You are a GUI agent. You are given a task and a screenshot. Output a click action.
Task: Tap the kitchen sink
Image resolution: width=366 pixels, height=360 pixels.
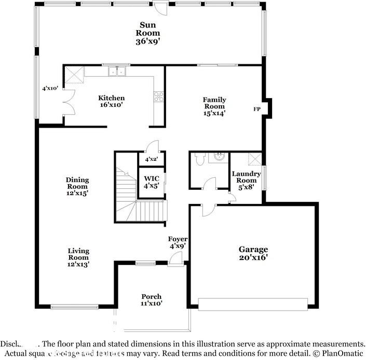click(x=116, y=72)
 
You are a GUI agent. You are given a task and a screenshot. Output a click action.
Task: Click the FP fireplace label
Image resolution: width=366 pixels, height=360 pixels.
click(x=256, y=109)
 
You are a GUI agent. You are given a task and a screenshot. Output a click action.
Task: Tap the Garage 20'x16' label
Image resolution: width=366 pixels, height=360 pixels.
click(x=253, y=253)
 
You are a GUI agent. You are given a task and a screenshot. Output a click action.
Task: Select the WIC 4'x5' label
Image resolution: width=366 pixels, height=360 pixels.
click(x=151, y=182)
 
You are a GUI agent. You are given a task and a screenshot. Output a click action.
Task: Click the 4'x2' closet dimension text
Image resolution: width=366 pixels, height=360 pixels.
click(x=151, y=159)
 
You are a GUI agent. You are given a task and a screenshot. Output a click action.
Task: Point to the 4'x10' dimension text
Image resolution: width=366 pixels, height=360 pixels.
click(x=50, y=89)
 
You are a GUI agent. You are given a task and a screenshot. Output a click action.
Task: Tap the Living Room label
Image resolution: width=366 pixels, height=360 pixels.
click(x=78, y=257)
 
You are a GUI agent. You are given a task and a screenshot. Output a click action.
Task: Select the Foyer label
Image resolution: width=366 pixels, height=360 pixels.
click(x=177, y=243)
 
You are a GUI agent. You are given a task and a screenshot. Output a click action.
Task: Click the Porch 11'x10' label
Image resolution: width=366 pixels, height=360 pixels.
click(x=151, y=300)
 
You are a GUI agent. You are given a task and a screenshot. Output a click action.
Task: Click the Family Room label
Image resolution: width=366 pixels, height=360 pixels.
click(x=214, y=106)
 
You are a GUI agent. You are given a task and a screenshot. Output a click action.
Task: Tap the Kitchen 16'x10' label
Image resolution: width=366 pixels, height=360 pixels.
click(x=112, y=101)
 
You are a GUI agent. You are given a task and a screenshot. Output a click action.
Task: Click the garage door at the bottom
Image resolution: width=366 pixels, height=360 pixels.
click(x=253, y=304)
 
